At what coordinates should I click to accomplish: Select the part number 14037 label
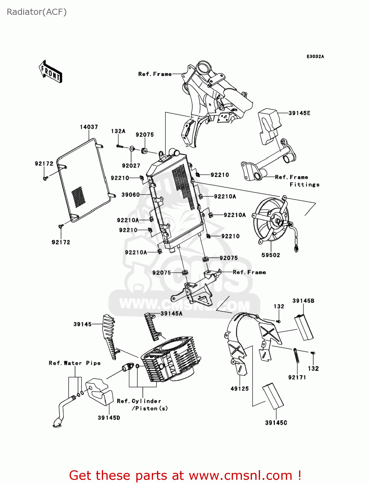(89, 127)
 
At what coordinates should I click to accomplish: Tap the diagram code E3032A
(315, 56)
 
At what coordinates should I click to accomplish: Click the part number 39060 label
(130, 194)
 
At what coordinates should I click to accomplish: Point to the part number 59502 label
(271, 255)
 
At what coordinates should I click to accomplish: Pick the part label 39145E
(299, 113)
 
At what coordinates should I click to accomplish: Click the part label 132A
(118, 131)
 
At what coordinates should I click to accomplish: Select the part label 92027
(131, 166)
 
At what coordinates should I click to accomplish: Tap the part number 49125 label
(239, 389)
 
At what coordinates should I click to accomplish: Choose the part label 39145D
(109, 418)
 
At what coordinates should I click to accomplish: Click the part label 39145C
(276, 423)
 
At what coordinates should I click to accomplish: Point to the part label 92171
(297, 377)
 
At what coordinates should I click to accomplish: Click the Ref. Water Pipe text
(75, 363)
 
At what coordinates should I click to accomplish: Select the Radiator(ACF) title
(37, 12)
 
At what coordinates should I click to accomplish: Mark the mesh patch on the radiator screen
(78, 196)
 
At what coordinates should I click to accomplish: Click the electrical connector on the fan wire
(296, 249)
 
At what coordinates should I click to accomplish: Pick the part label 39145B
(303, 301)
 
